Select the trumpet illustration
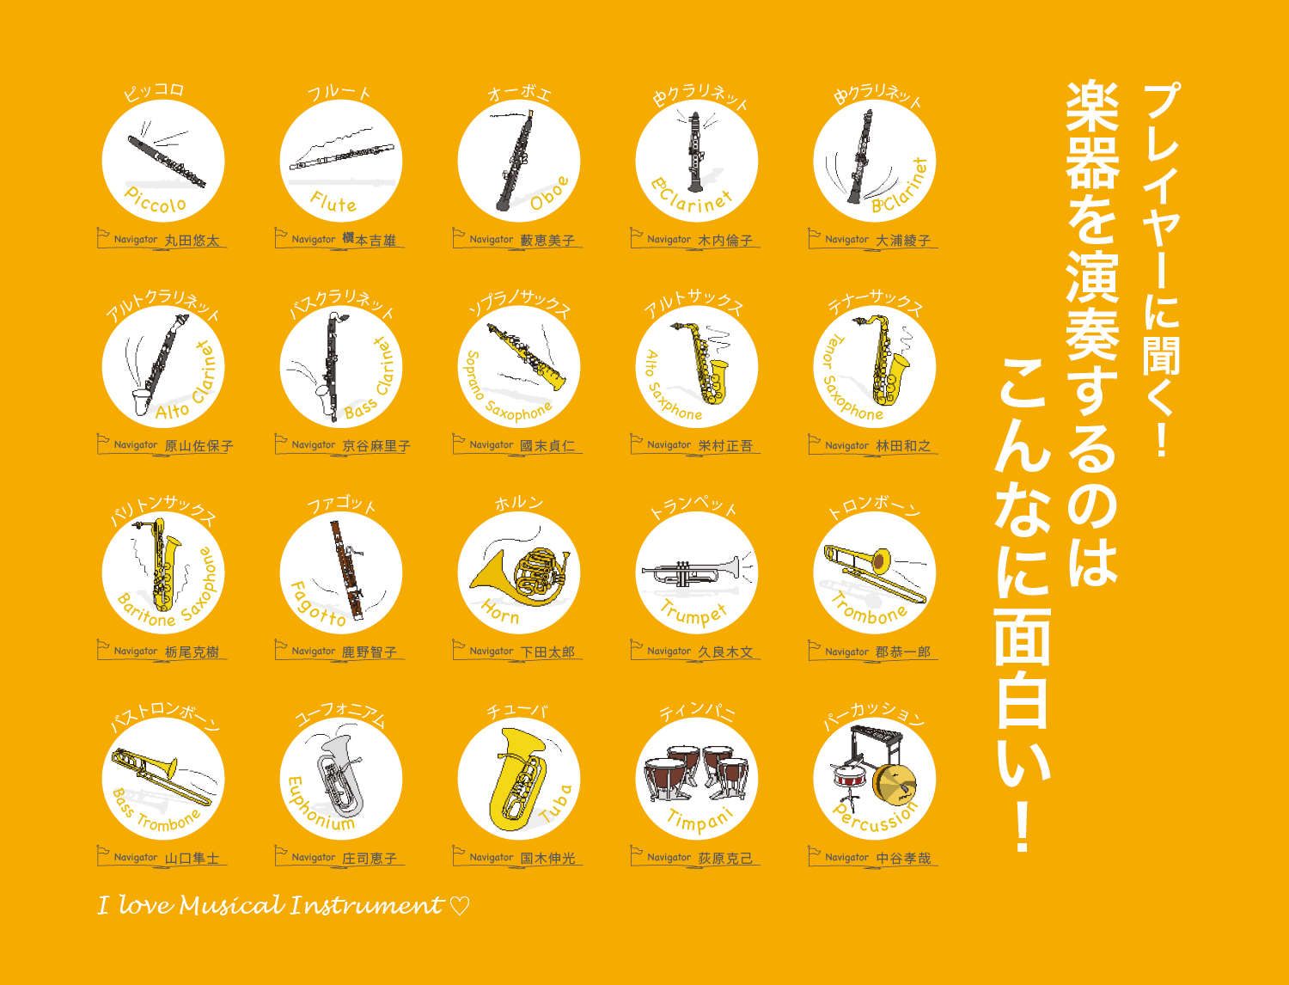(x=692, y=572)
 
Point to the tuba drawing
(x=517, y=779)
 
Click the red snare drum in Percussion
(x=850, y=778)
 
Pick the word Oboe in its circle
(x=550, y=193)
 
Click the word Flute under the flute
(x=333, y=203)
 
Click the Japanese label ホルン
(x=518, y=504)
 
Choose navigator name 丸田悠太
(x=192, y=241)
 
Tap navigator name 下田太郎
(x=547, y=652)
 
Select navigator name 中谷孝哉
(x=903, y=858)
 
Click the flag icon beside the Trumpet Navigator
(x=637, y=648)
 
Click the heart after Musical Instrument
(x=460, y=907)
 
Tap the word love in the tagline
(x=144, y=905)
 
